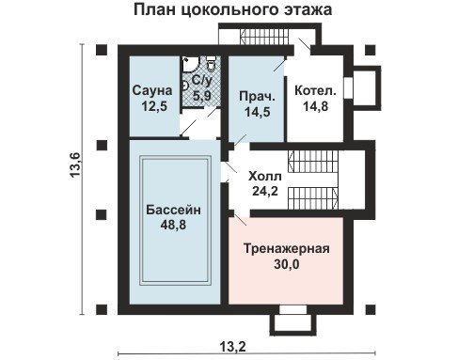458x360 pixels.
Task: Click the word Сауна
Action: (152, 90)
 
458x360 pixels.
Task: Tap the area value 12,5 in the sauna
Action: (154, 106)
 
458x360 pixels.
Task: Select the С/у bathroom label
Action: (202, 80)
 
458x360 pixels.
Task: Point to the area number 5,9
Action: (202, 95)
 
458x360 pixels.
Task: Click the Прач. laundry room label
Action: (257, 97)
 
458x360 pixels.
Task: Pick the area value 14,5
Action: (258, 112)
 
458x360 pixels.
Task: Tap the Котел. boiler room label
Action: (315, 91)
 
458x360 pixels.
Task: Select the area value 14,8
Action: (316, 106)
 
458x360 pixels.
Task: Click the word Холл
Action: (265, 177)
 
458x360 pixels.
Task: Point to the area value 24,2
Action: (265, 191)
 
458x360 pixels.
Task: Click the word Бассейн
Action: (173, 210)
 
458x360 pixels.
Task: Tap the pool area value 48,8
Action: (173, 225)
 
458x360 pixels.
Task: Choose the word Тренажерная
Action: (287, 249)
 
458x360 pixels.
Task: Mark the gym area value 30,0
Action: (287, 264)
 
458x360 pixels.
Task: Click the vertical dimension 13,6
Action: (75, 165)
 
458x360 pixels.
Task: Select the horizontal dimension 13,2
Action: (232, 347)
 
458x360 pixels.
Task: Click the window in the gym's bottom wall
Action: (292, 309)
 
